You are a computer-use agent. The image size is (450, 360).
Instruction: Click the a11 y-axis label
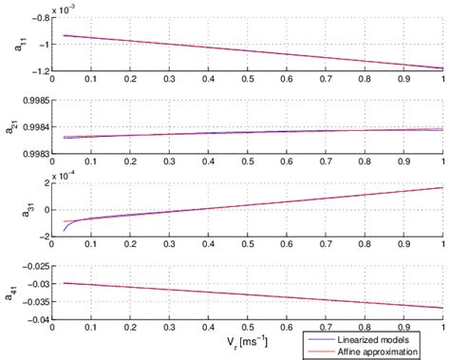(x=16, y=44)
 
